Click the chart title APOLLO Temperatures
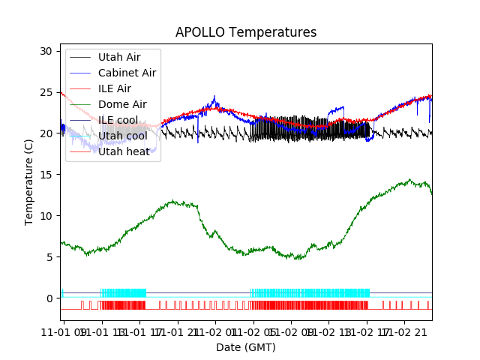point(246,33)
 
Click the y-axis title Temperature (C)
point(29,182)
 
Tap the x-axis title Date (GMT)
point(246,347)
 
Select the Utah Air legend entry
point(118,57)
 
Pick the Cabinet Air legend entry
point(127,73)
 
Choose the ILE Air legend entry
point(115,88)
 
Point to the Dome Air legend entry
point(122,104)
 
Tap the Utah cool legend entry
point(122,136)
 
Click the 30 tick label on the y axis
point(46,51)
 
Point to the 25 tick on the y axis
point(46,92)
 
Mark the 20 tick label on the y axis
point(46,133)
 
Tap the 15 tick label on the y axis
point(46,175)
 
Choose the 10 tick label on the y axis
point(46,216)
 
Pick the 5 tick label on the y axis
point(49,257)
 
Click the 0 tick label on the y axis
point(49,298)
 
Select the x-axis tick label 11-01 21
point(178,331)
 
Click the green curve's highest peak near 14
point(409,180)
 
